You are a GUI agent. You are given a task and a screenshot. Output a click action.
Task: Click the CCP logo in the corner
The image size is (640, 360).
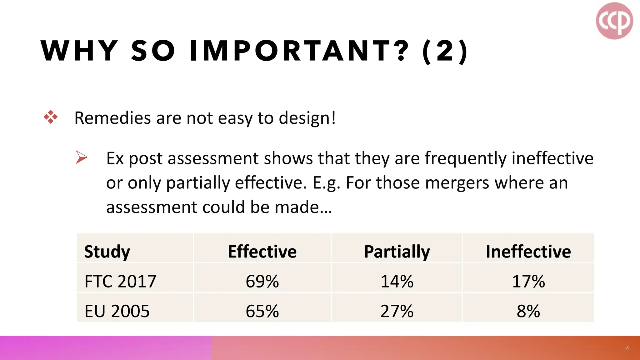pos(614,21)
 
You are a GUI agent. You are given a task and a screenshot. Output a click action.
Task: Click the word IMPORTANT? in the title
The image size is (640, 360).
pos(299,51)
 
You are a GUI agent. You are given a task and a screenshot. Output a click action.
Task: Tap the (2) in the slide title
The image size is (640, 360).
pos(445,51)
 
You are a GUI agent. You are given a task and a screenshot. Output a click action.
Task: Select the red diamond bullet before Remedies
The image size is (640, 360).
pos(51,117)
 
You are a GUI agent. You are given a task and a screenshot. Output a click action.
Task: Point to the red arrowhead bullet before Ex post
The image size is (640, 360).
pos(81,157)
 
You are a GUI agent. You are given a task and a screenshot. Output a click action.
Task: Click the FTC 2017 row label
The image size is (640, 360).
pos(120,281)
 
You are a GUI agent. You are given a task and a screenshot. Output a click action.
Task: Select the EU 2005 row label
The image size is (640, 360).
pos(117,311)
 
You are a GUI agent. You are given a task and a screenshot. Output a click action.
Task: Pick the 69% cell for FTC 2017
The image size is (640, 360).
pos(262,281)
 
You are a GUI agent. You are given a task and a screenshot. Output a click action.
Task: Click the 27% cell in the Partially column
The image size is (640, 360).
pos(397,311)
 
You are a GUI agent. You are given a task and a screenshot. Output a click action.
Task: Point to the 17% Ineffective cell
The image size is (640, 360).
pos(528,281)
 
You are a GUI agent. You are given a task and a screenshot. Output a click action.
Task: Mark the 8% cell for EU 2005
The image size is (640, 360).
pos(528,311)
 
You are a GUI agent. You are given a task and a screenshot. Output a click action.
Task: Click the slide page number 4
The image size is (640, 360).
pos(627,348)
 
